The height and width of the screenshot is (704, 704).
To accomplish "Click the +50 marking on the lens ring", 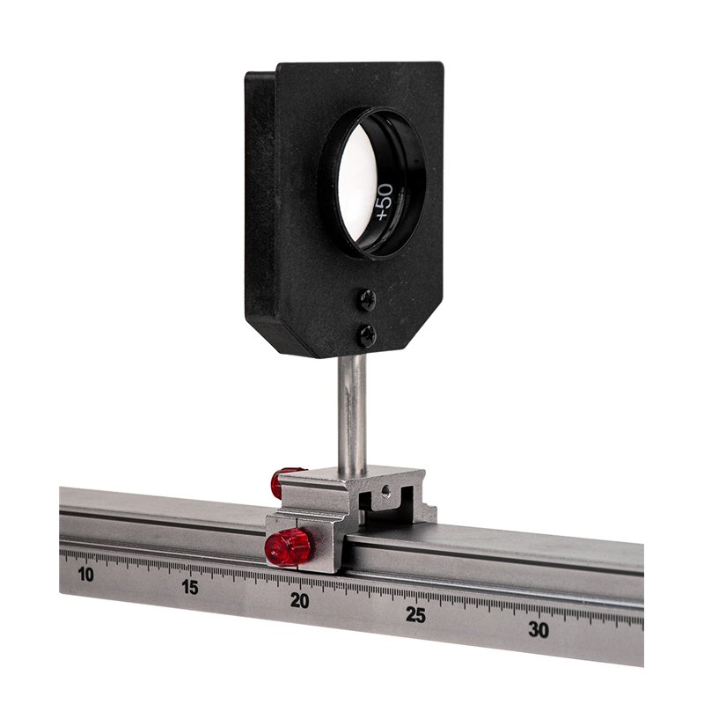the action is pos(384,202).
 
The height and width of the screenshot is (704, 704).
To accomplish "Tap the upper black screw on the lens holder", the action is pos(367,299).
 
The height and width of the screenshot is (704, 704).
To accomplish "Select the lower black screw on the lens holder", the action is pos(367,335).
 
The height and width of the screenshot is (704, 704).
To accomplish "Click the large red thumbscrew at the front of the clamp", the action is pos(288,546).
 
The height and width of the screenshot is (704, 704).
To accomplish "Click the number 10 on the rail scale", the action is pos(85,575).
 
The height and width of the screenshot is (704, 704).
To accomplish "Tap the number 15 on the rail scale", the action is pos(190,587).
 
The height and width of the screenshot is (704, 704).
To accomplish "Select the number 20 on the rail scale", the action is pos(300,601).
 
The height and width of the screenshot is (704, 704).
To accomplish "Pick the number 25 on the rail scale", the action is pos(415,614).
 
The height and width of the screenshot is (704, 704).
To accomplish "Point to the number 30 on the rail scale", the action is pos(539,629).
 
